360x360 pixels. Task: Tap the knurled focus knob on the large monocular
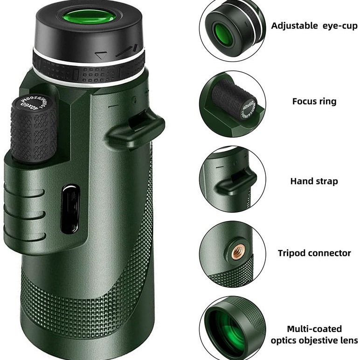pos(34,133)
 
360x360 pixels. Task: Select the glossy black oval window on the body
pos(70,209)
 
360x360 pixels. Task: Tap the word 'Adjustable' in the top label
pos(294,26)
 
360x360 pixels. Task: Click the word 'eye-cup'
pos(340,26)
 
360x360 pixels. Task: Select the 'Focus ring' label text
pos(314,101)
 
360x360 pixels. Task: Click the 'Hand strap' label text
pos(314,181)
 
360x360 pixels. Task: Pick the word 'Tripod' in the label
pos(293,253)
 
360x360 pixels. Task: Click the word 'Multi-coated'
pos(314,329)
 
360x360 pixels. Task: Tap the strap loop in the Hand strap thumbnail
pos(236,180)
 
